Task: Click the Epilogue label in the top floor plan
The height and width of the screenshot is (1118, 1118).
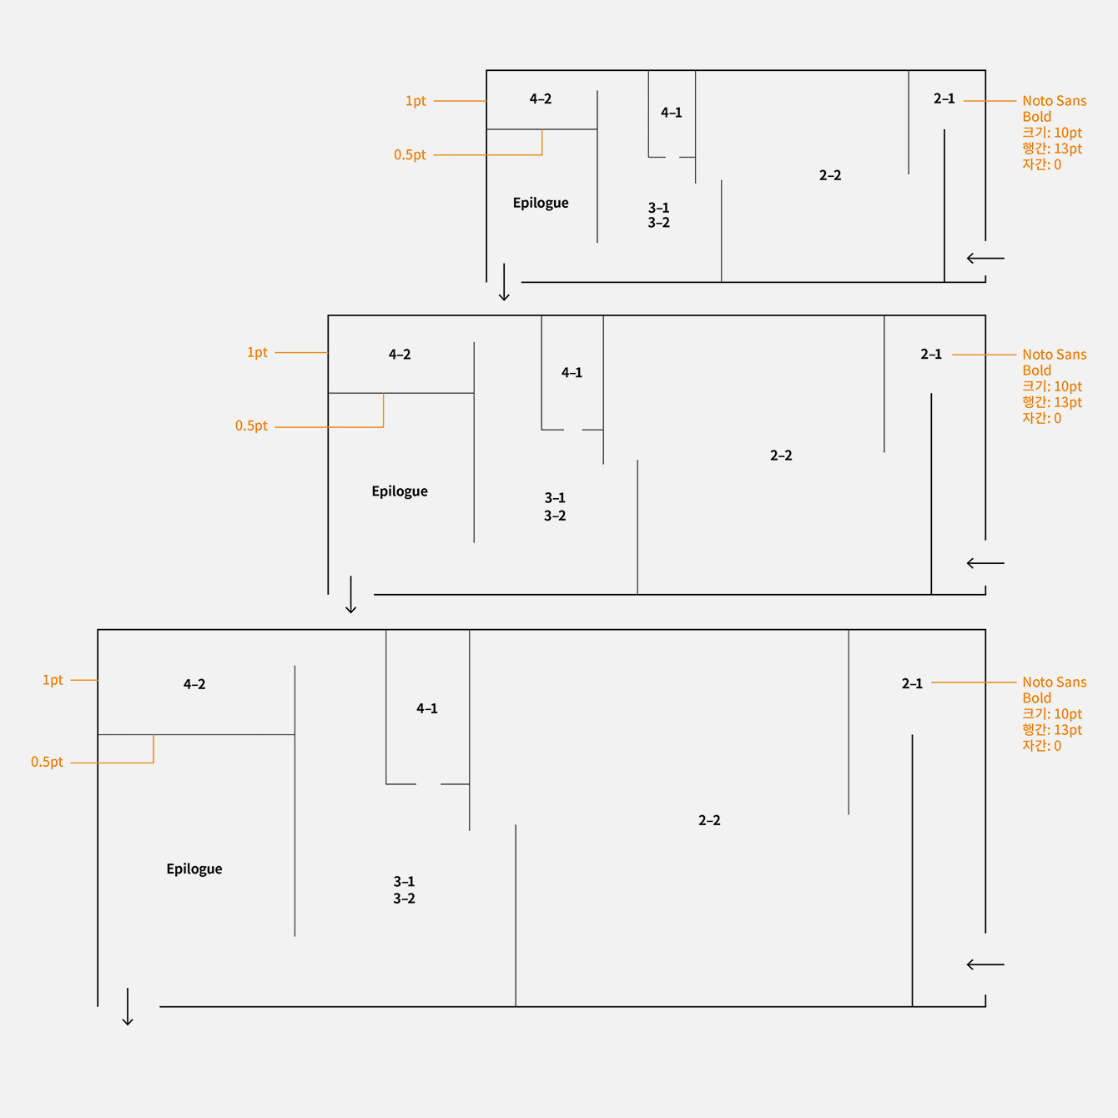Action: tap(541, 203)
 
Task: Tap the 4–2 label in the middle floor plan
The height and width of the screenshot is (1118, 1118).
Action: tap(400, 355)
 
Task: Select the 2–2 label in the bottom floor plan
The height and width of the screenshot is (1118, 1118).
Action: tap(709, 820)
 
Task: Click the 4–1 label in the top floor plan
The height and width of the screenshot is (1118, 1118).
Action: tap(672, 113)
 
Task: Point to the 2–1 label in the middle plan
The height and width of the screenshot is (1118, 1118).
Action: tap(931, 355)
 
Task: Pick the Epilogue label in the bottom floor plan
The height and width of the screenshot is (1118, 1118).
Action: tap(194, 869)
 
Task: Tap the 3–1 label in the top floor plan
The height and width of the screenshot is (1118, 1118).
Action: tap(659, 208)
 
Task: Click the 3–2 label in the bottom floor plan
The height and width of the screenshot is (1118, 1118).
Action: tap(404, 899)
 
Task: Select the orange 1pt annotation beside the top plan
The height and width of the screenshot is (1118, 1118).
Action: tap(415, 101)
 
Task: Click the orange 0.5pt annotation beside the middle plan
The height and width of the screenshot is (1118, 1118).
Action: tap(251, 426)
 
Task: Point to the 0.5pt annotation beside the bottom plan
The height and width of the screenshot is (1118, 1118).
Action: tap(47, 762)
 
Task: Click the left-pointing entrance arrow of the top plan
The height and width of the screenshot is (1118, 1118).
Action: tap(985, 259)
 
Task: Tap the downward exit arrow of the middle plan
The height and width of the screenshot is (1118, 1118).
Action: tap(350, 595)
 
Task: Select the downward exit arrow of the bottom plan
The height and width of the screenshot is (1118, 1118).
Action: tap(128, 1007)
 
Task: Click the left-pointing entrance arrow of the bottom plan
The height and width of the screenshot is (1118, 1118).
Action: tap(985, 964)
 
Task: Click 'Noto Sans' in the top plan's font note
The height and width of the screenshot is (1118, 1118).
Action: tap(1055, 101)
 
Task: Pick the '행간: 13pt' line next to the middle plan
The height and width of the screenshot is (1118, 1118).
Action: tap(1052, 402)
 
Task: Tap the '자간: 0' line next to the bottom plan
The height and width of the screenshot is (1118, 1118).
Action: tap(1042, 746)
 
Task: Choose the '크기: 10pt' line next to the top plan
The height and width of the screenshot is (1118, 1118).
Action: tap(1052, 133)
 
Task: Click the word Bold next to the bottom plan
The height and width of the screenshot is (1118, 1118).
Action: tap(1037, 698)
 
